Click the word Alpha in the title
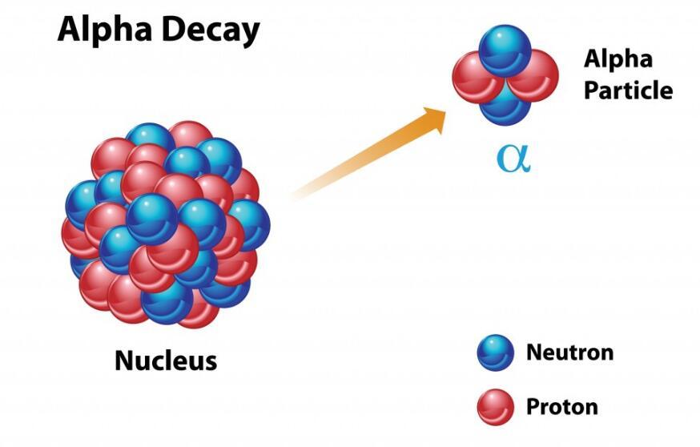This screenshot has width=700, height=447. coord(106,30)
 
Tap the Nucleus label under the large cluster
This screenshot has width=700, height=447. coord(166,360)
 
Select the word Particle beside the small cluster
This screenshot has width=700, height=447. coord(628,91)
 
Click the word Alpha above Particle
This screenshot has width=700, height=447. coord(618,59)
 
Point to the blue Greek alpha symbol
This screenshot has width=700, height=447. coord(514,159)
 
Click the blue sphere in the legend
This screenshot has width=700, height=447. coord(496,352)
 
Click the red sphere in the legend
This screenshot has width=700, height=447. coord(496,407)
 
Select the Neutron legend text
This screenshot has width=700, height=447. coord(569,352)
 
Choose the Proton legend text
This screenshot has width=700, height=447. coord(562,407)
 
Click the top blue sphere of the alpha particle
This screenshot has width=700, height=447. coord(505,50)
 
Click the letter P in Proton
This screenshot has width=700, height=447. coord(533,407)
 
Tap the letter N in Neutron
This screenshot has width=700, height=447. coord(535,352)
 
